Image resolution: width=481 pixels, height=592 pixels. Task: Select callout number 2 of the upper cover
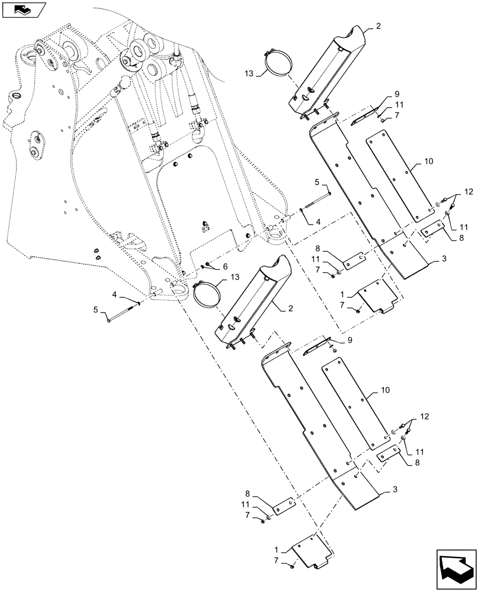(x=379, y=27)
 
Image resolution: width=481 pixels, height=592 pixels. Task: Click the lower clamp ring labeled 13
(x=208, y=294)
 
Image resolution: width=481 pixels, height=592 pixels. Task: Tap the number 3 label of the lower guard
(x=394, y=491)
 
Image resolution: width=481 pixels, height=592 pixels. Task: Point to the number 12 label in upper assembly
(x=470, y=192)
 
